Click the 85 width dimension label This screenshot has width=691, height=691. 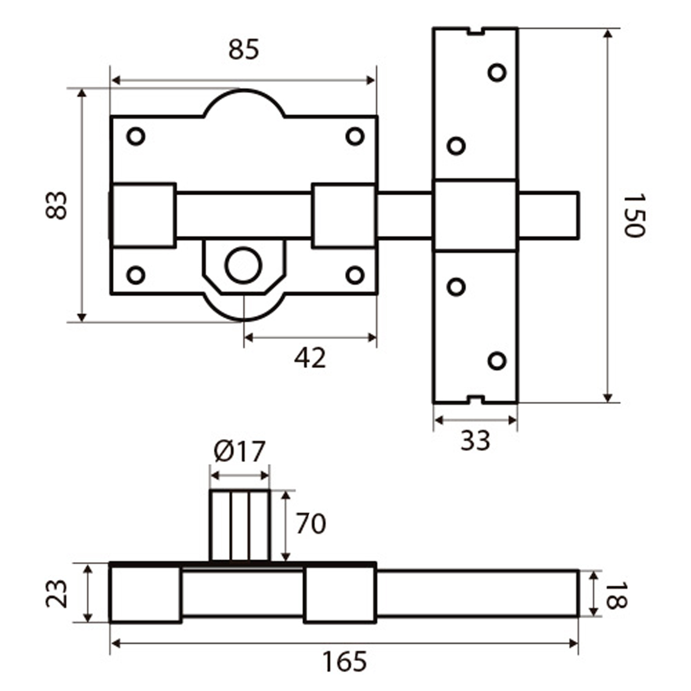[x=244, y=50]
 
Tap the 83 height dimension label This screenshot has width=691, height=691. [x=57, y=205]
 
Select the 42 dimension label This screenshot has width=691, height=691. [x=310, y=358]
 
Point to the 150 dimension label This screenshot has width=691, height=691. [x=634, y=216]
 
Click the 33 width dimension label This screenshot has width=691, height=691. [x=475, y=440]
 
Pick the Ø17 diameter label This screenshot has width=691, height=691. [x=240, y=451]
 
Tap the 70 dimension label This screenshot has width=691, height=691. [x=310, y=524]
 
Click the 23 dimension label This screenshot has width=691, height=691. [x=57, y=594]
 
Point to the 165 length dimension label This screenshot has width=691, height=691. [x=344, y=662]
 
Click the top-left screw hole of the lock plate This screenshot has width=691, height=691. [x=136, y=136]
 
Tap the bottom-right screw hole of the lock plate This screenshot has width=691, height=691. [x=355, y=275]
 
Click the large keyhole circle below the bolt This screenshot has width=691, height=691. [x=243, y=266]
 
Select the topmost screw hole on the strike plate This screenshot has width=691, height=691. [x=497, y=72]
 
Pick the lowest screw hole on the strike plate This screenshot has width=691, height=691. [x=497, y=361]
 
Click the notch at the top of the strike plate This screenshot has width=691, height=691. [x=476, y=31]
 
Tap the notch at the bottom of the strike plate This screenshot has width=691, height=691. [x=476, y=399]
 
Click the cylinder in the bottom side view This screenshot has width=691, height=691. [x=240, y=526]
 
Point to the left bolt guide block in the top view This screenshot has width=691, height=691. [x=144, y=216]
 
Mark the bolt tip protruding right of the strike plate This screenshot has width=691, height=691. [x=548, y=216]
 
